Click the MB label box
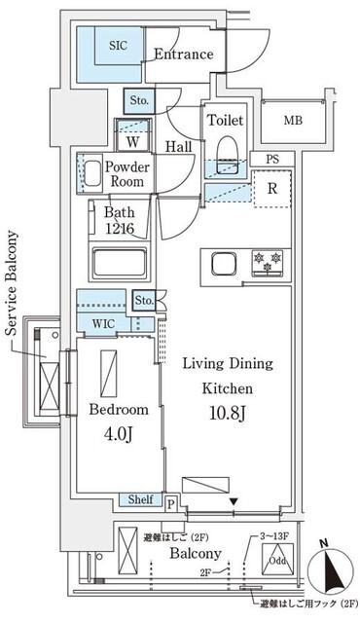pos(292,122)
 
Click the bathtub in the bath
pos(119,264)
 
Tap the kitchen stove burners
pos(268,260)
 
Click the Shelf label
pos(140,499)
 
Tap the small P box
pos(171,503)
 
